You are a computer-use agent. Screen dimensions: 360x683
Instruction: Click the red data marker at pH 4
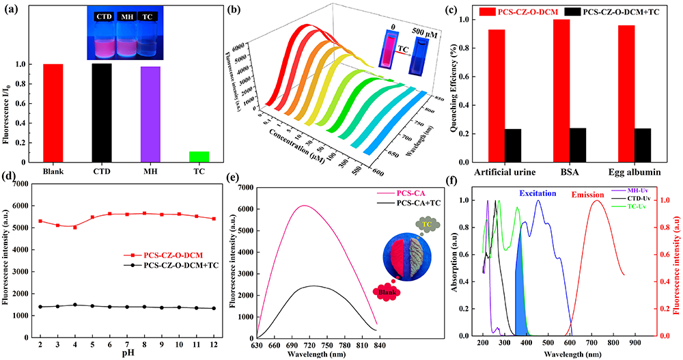pos(75,227)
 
